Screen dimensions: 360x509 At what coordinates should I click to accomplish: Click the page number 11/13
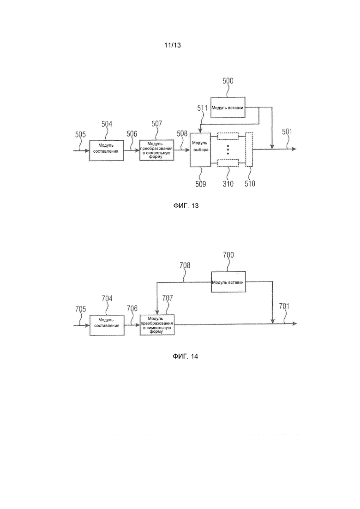tap(172, 45)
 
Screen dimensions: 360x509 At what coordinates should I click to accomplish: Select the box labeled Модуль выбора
tap(200, 150)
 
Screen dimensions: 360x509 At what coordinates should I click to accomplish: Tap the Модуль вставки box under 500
tap(228, 108)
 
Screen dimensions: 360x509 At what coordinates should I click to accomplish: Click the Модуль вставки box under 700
tap(228, 282)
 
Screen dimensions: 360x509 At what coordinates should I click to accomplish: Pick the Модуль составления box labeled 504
tap(107, 150)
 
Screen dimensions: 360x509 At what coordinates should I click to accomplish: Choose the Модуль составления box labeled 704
tap(107, 325)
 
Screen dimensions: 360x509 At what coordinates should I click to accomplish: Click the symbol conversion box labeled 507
tap(157, 150)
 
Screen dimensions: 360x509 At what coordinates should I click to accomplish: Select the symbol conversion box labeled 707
tap(157, 325)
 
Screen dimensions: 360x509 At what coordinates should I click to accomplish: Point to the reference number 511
tap(202, 108)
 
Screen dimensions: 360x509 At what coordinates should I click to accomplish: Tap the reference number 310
tap(228, 184)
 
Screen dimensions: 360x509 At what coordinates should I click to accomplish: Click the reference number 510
tap(250, 184)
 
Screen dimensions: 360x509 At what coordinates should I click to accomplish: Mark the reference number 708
tap(185, 265)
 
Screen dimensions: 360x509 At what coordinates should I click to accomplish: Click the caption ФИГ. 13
tap(186, 206)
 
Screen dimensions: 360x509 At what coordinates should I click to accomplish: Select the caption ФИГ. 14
tap(186, 356)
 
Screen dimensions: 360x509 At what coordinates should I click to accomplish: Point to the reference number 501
tap(287, 132)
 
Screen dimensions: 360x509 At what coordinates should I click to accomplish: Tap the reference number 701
tap(284, 306)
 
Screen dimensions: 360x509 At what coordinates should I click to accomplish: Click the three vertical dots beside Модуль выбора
tap(228, 150)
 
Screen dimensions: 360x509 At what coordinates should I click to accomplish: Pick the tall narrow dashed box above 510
tap(249, 150)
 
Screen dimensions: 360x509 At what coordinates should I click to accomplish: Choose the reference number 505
tap(80, 134)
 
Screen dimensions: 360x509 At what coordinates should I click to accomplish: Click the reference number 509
tap(201, 184)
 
